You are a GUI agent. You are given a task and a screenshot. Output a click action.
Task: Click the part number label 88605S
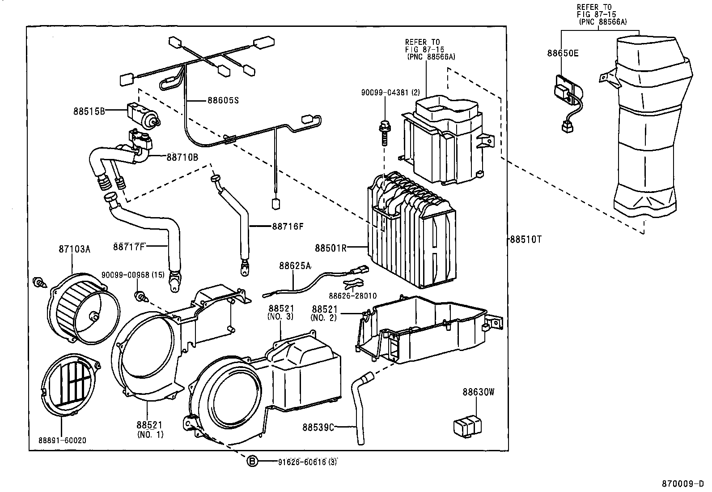223,100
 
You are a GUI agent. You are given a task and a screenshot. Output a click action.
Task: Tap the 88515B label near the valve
89,111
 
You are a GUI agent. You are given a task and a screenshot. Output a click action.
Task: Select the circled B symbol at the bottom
253,462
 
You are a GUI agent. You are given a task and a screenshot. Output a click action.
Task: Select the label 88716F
287,226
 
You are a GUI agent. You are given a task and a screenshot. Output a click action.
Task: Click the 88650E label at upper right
563,54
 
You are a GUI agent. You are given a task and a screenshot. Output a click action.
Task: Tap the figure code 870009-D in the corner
683,484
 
